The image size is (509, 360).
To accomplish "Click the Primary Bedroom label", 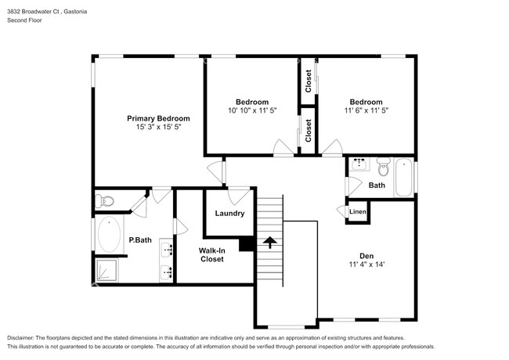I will (158, 118).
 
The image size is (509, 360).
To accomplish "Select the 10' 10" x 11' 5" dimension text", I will (252, 110).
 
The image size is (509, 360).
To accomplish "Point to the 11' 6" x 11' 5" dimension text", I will (366, 110).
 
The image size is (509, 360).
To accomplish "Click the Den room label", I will (366, 255).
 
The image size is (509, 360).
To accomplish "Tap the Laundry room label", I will (229, 213).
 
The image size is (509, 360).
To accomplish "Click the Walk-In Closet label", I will (212, 254).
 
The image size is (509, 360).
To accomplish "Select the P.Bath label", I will (139, 239).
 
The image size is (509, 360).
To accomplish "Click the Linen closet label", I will (357, 212).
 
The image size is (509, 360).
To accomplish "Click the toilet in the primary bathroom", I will (105, 202).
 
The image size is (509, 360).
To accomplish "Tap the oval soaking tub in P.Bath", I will (107, 235).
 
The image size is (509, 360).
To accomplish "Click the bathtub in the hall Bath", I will (404, 177).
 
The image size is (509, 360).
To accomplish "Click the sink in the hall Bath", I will (360, 165).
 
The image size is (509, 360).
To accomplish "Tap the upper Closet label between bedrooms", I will (309, 81).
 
